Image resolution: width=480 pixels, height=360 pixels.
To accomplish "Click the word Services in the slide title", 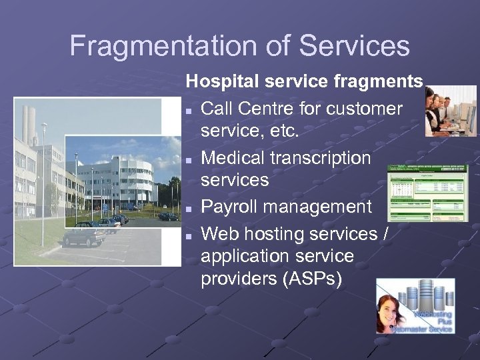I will pos(354,47).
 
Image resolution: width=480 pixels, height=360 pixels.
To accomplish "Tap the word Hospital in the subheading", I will pos(223,82).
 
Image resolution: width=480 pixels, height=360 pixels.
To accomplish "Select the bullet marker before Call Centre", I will pos(190,110).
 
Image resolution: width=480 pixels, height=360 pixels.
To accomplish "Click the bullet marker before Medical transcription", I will pos(190,160).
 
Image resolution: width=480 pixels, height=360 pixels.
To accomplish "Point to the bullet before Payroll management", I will pos(190,209).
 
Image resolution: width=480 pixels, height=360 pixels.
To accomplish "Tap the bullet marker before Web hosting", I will pos(190,235).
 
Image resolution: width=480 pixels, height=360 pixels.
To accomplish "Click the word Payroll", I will pos(229,207).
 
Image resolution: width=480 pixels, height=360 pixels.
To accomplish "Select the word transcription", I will pos(323,159).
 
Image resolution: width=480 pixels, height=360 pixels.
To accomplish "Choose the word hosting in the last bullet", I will pos(277,234).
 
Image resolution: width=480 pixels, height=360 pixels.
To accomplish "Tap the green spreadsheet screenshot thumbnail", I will pos(427,193).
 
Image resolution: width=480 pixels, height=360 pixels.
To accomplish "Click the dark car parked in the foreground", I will pos(83,235).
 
